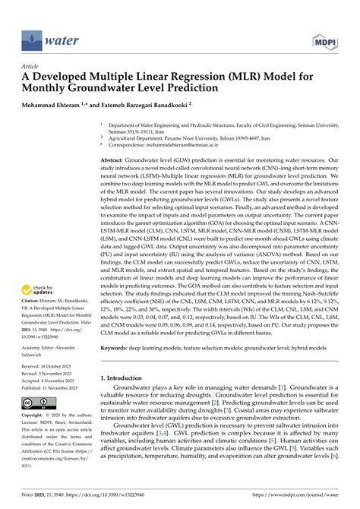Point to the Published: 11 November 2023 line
(x=55, y=387)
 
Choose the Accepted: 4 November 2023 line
(x=52, y=380)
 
